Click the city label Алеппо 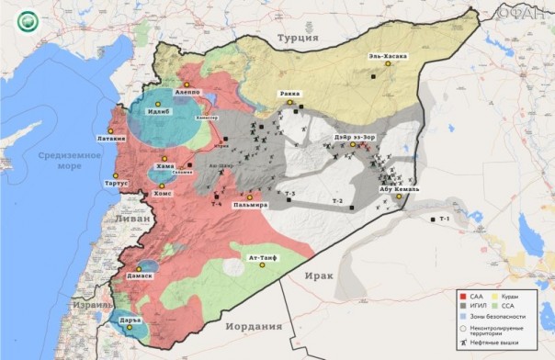pyautogui.click(x=187, y=93)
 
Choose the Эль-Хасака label pyautogui.click(x=389, y=56)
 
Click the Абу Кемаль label pyautogui.click(x=400, y=189)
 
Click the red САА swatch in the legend pyautogui.click(x=461, y=297)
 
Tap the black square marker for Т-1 pyautogui.click(x=433, y=219)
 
